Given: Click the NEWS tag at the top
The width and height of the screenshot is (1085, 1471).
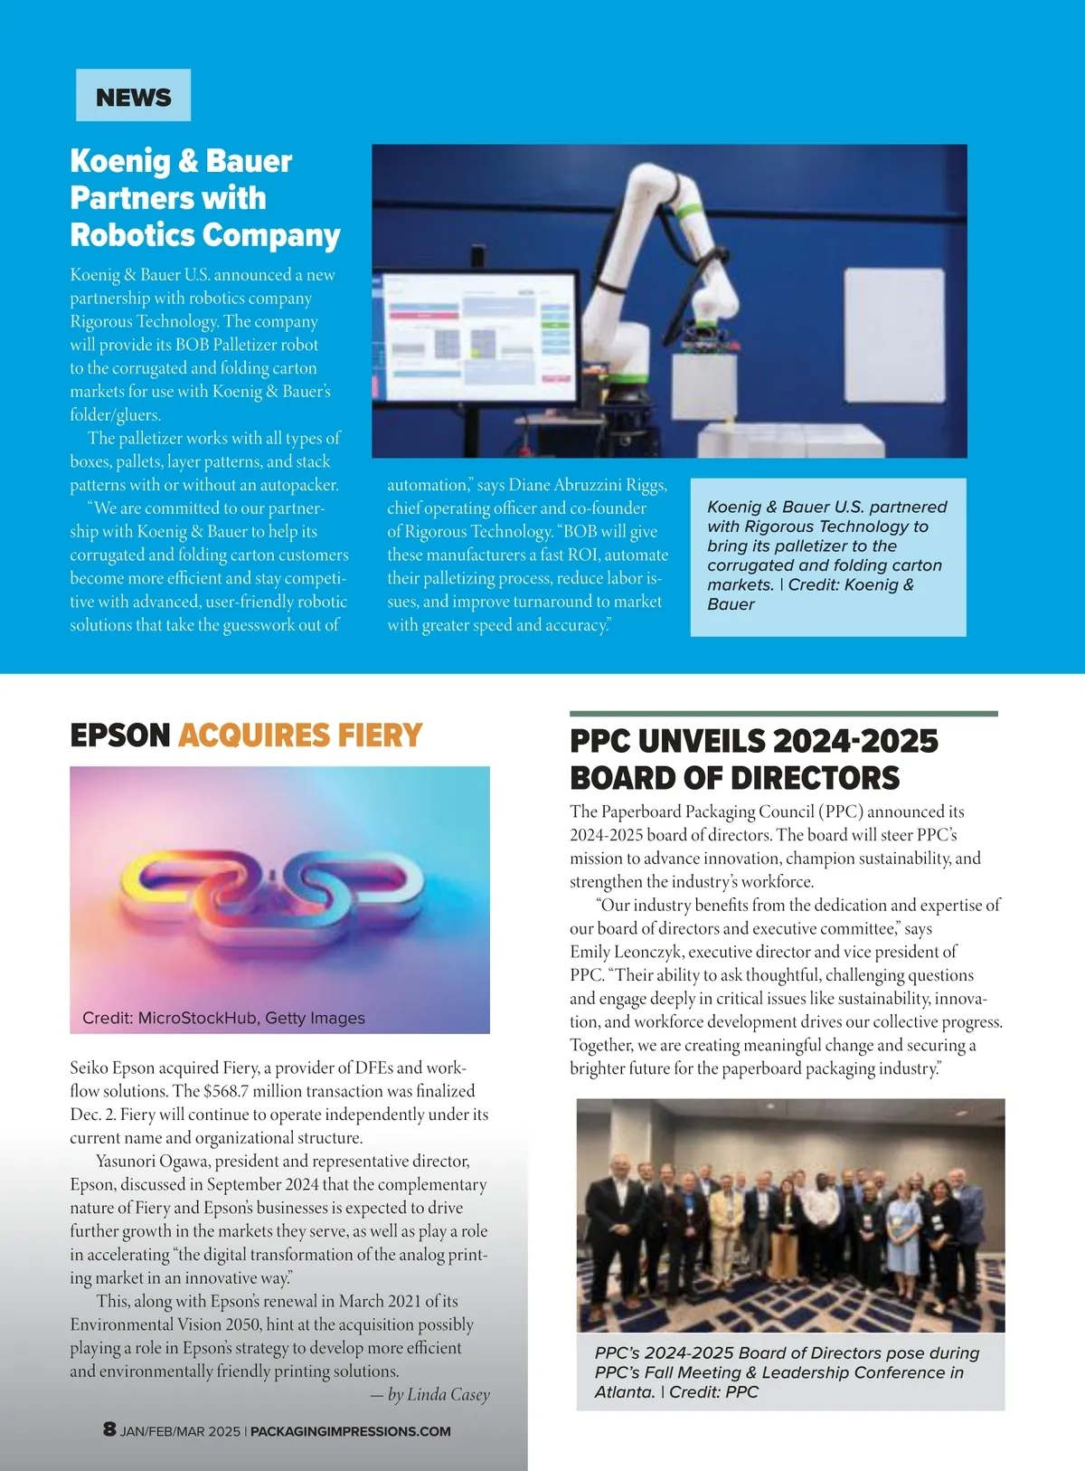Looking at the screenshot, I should (133, 96).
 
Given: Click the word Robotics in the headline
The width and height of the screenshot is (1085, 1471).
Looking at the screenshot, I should (132, 235).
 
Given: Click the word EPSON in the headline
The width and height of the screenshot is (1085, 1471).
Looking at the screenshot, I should (120, 735).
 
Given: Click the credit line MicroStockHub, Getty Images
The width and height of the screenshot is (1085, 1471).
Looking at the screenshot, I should (251, 1018).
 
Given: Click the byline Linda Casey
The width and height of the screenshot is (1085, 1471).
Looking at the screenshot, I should (448, 1394).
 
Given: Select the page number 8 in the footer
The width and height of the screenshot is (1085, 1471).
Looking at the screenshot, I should (109, 1429).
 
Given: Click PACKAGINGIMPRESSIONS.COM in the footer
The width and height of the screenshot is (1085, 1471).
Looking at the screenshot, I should (350, 1431).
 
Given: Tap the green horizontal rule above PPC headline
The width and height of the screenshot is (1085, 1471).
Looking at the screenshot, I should (783, 714).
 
